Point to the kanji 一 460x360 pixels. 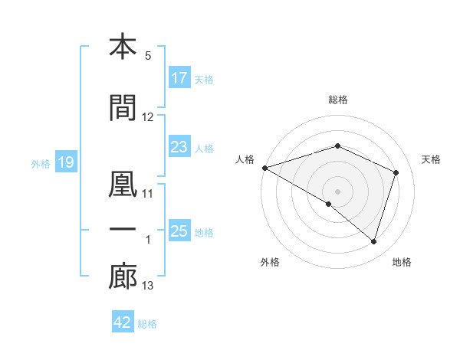tap(123, 230)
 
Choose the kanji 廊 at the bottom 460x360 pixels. tap(123, 277)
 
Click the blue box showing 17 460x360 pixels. tap(179, 78)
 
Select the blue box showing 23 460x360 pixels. tap(179, 148)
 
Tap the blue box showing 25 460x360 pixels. tap(179, 231)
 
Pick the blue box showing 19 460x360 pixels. tap(65, 162)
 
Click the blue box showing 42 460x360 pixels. tap(123, 322)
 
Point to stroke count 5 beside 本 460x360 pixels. tap(148, 56)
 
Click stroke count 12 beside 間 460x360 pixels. tap(148, 117)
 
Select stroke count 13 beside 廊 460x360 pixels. tap(148, 286)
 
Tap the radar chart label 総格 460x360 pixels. tap(338, 100)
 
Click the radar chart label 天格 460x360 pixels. tap(431, 159)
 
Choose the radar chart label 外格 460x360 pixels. tap(270, 263)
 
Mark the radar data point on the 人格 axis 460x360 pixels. tap(264, 168)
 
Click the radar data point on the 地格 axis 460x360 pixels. tap(373, 242)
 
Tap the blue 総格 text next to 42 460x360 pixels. tap(148, 324)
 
